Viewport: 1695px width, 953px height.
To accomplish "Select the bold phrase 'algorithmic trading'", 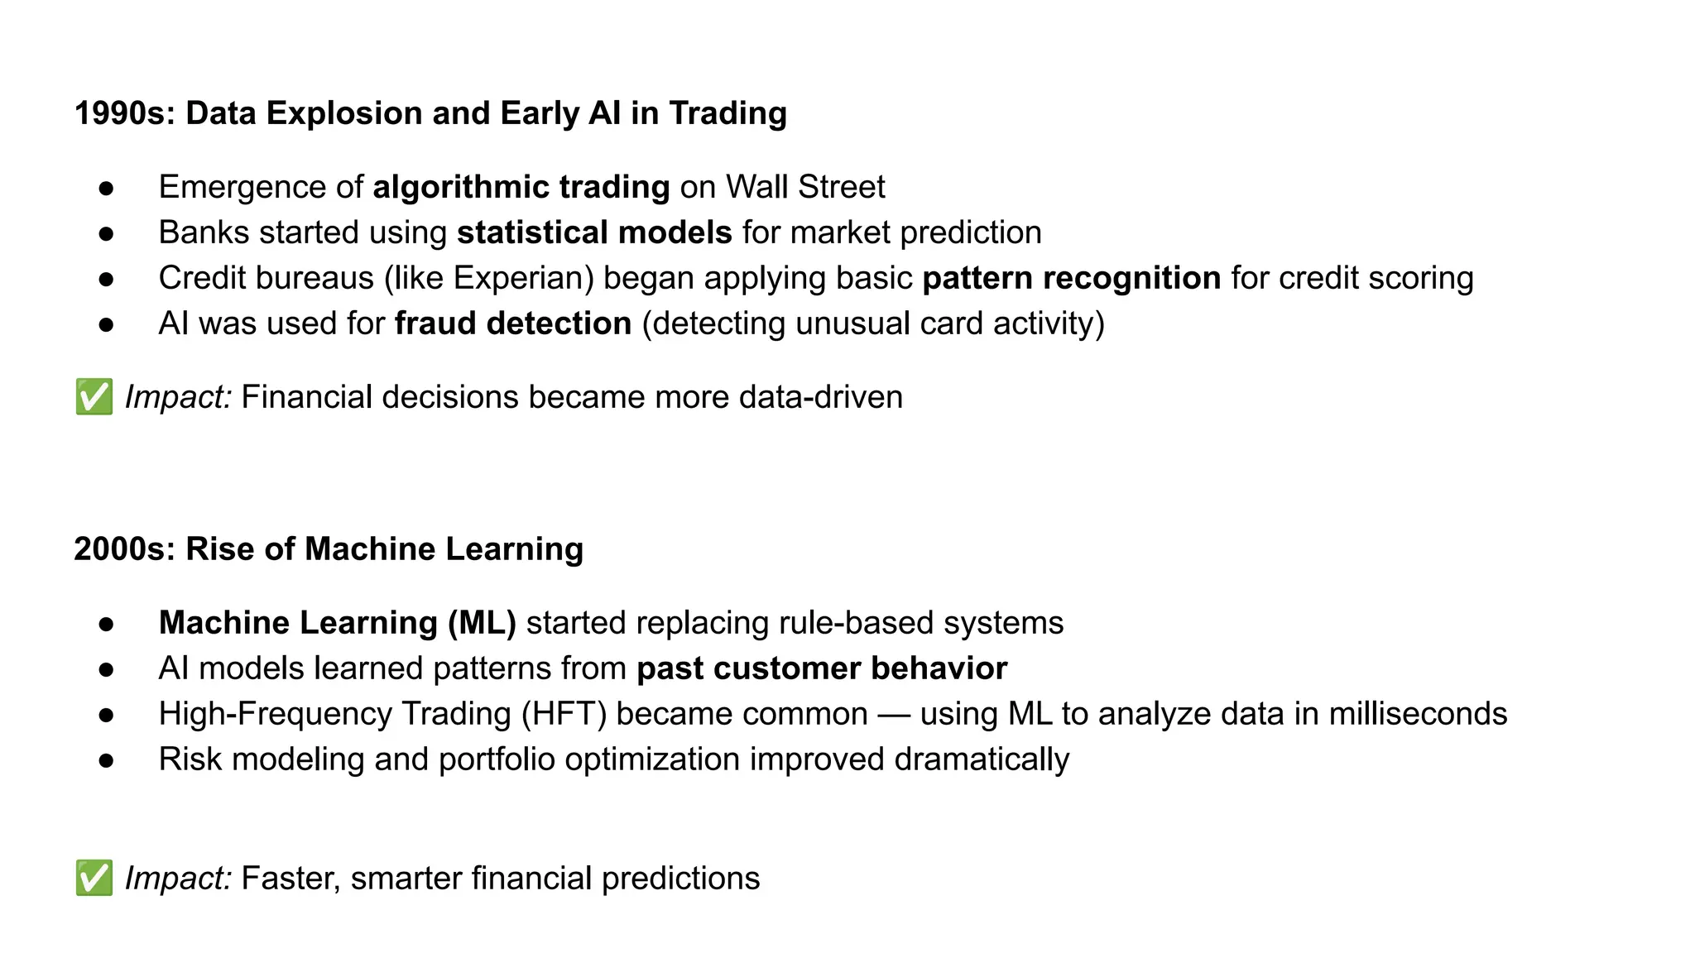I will (521, 187).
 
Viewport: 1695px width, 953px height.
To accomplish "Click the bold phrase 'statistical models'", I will (594, 232).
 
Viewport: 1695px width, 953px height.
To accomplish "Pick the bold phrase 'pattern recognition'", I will (1071, 278).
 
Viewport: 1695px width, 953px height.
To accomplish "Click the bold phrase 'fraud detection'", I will (513, 323).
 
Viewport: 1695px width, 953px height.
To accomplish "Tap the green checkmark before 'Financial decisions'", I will (94, 397).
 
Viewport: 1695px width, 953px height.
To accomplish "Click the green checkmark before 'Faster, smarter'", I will (94, 879).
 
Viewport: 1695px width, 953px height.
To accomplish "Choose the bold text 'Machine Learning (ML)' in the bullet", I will (337, 623).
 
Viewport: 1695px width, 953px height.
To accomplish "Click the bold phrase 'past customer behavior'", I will (822, 668).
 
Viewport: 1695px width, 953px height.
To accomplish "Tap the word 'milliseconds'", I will (1418, 714).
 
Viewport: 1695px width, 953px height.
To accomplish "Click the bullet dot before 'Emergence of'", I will (106, 188).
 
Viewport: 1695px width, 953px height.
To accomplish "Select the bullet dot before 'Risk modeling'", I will (106, 760).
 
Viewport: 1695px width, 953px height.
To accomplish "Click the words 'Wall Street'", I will (805, 187).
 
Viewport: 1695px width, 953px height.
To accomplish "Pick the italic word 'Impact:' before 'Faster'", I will (178, 879).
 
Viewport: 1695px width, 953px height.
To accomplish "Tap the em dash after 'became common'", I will (893, 714).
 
